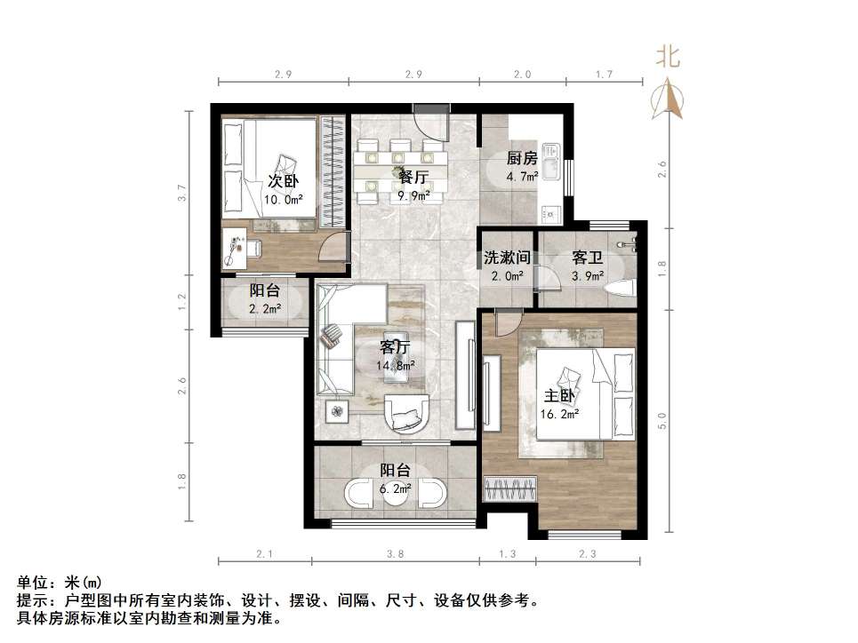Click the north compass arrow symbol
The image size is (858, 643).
tap(669, 98)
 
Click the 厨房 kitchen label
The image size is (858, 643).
tap(522, 159)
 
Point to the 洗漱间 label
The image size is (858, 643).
tap(508, 258)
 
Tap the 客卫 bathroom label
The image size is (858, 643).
tap(588, 258)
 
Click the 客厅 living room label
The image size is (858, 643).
tap(396, 346)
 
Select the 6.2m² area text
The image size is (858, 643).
tap(396, 488)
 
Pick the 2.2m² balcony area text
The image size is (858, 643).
tap(266, 308)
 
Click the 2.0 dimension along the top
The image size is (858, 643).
tap(522, 75)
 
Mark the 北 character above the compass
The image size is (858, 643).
tap(669, 58)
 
